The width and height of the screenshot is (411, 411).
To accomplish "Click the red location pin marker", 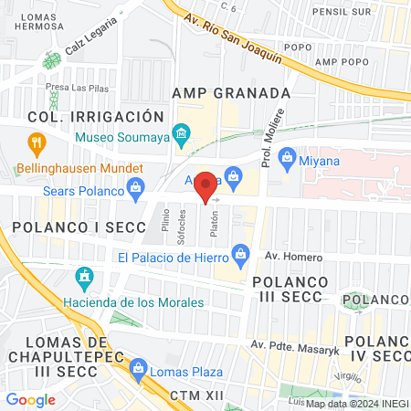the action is point(206,185).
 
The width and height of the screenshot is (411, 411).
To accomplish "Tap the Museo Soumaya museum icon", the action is point(181,138).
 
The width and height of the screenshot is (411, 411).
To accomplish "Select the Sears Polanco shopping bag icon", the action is point(136,190).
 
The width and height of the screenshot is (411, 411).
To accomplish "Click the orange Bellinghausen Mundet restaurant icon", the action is point(37,142).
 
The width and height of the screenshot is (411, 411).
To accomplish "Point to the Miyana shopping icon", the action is point(286,160).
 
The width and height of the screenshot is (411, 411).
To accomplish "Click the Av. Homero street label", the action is point(290,257).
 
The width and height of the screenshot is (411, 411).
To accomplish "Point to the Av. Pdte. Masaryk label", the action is point(291,344).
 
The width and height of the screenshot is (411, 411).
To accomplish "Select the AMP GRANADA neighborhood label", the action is point(231,93).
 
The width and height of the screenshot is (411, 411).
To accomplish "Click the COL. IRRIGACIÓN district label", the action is point(95,117).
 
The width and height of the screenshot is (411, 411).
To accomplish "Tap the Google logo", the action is point(31,399).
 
